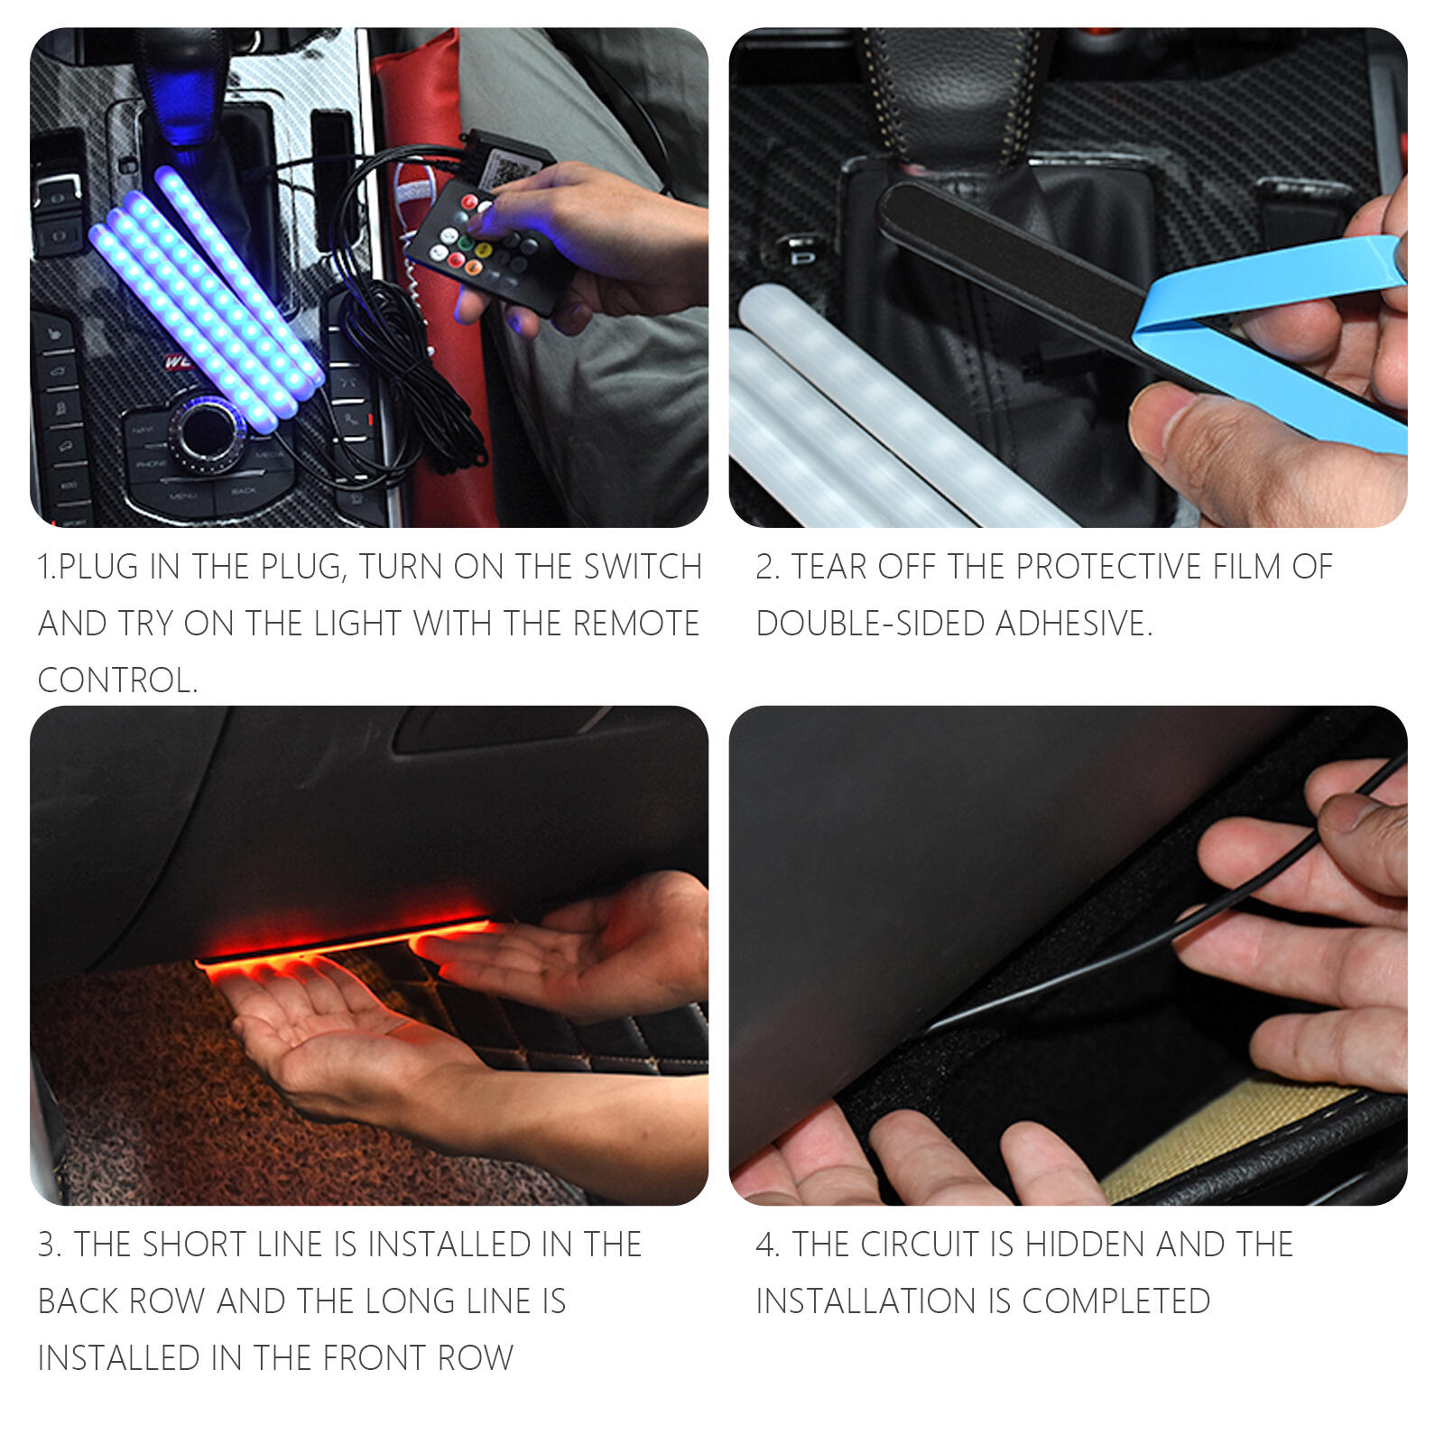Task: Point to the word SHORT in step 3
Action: [193, 1245]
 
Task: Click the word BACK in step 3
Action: [79, 1301]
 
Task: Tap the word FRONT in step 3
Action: [375, 1358]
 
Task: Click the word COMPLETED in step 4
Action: [1116, 1301]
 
